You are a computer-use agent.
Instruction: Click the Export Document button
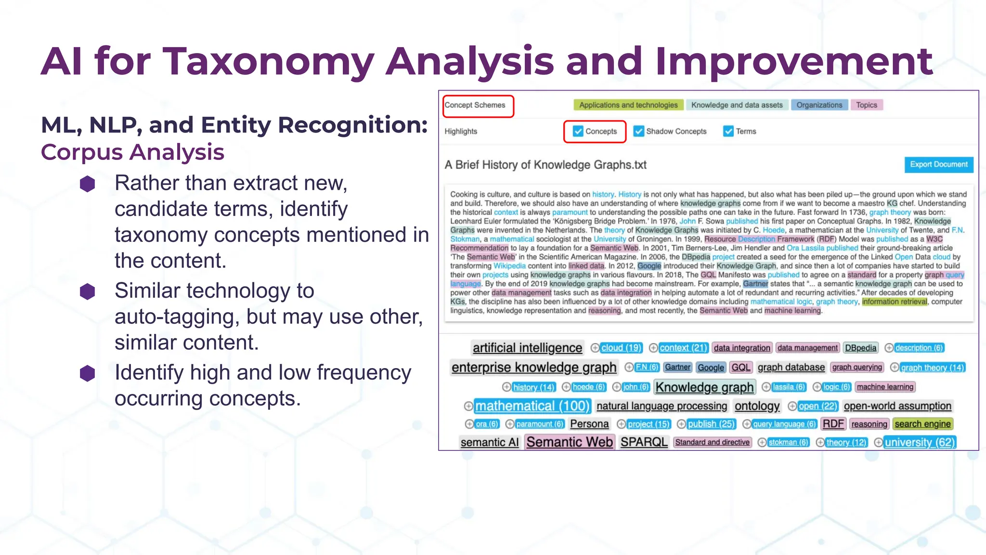coord(938,164)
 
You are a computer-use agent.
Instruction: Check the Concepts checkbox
coord(578,131)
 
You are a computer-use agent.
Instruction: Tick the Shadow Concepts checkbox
coord(639,131)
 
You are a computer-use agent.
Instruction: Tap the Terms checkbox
coord(728,131)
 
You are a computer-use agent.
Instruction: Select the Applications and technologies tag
coord(628,105)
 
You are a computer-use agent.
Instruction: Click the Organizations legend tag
coord(819,105)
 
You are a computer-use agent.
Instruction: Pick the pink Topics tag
coord(867,105)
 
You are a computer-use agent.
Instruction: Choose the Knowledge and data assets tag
coord(737,105)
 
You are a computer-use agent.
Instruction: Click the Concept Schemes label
coord(475,105)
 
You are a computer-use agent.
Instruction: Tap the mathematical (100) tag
coord(532,406)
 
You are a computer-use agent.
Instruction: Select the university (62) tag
coord(920,442)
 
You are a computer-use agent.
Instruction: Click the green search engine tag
coord(922,424)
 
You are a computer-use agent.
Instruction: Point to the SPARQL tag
coord(644,442)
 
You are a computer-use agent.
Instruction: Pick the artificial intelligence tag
coord(527,348)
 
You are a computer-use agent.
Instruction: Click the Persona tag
coord(589,424)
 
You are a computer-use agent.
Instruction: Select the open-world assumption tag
coord(897,406)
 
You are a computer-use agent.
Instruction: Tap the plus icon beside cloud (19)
coord(595,348)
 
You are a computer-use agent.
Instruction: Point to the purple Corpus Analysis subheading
coord(132,152)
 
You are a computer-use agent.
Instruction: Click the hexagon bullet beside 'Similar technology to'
coord(88,291)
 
